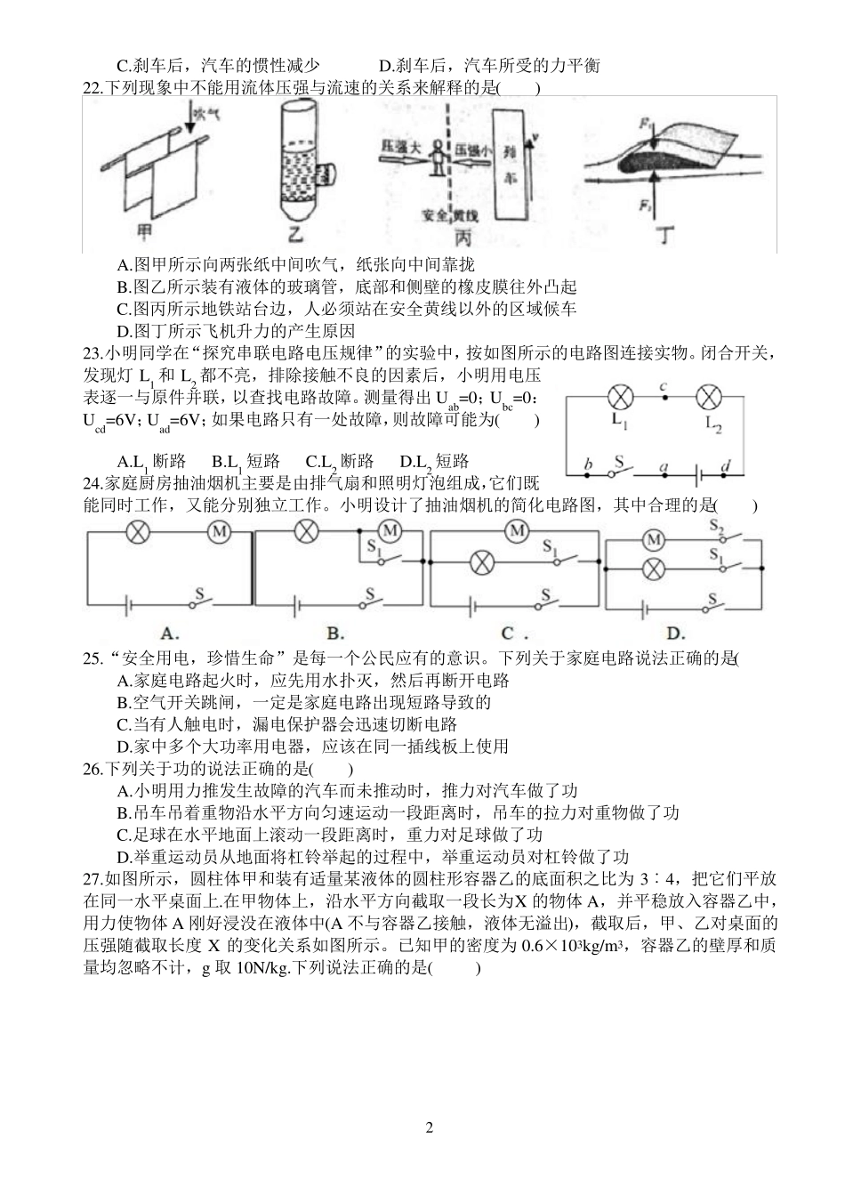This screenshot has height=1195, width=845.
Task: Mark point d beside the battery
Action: (727, 465)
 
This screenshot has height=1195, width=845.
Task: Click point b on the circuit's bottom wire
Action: (587, 465)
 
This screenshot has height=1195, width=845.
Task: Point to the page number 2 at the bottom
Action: (430, 1128)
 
